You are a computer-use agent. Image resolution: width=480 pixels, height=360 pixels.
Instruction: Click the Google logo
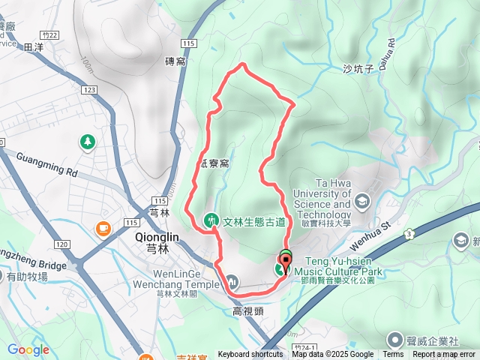point(28,349)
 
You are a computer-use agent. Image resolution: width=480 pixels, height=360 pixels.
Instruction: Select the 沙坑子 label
point(357,69)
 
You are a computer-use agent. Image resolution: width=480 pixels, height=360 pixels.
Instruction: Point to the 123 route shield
point(90,90)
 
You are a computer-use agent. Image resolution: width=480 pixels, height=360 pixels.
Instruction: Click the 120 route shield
point(62,245)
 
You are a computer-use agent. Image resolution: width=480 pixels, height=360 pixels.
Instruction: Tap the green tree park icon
point(88,141)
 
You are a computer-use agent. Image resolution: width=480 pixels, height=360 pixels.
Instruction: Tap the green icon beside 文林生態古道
point(211,220)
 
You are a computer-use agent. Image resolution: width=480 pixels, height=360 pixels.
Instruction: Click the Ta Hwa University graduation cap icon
point(362,200)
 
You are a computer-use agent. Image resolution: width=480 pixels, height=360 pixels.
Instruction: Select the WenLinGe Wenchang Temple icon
point(232,282)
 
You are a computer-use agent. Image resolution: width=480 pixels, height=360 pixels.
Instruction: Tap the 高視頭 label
point(247,311)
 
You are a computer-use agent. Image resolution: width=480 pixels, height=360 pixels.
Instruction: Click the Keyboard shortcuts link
point(250,355)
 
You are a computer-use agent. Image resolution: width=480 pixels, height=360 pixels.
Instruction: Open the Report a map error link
point(444,355)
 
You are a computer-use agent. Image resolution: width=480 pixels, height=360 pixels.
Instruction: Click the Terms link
point(393,355)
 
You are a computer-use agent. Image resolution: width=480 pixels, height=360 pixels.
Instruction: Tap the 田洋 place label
point(34,47)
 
